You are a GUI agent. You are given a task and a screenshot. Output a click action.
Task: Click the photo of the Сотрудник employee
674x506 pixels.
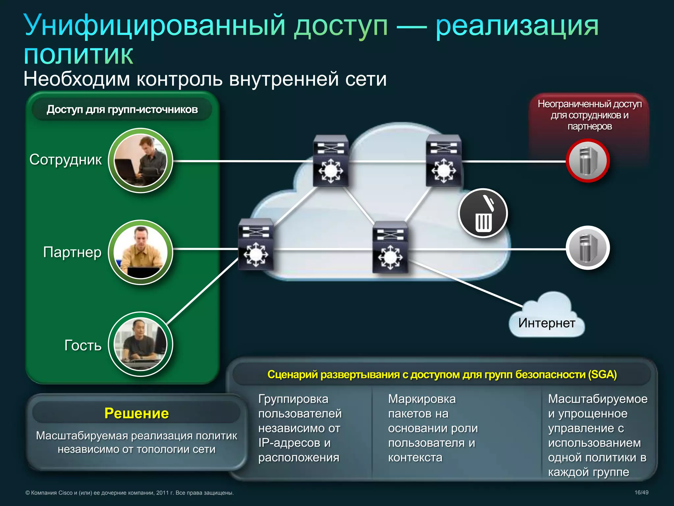(x=141, y=160)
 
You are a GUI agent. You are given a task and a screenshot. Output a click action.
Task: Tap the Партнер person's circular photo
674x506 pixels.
(x=141, y=252)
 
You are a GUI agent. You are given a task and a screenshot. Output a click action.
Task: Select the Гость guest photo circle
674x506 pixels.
(x=141, y=344)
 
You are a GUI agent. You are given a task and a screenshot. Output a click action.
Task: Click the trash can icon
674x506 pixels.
(x=483, y=213)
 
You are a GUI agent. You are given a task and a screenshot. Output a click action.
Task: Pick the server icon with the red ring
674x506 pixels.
(x=588, y=161)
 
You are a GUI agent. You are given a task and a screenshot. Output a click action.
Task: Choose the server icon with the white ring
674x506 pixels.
(x=588, y=248)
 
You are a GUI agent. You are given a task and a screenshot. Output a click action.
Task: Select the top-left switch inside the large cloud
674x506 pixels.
(x=330, y=160)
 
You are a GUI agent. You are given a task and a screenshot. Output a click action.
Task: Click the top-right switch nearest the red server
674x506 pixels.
(x=443, y=160)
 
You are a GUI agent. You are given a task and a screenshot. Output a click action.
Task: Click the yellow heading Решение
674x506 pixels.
(x=136, y=413)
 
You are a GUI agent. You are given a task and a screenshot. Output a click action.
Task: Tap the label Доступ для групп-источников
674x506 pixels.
(x=122, y=109)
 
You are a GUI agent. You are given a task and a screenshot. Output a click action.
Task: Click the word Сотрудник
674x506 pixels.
(x=65, y=159)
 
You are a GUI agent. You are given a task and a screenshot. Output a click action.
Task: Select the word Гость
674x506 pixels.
(x=83, y=345)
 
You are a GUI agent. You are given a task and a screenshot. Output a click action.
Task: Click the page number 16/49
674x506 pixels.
(x=641, y=492)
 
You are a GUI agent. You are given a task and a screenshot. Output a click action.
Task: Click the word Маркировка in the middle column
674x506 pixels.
(x=422, y=399)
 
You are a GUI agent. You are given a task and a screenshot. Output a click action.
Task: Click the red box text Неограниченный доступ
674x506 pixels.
(x=589, y=104)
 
